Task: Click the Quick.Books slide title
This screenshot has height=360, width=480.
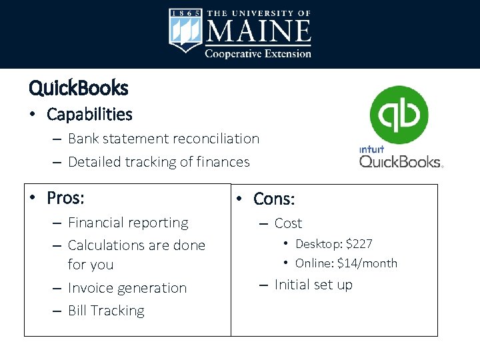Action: [x=79, y=87]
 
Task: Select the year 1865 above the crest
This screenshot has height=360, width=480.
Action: [x=185, y=13]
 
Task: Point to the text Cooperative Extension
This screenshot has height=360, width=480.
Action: [x=257, y=53]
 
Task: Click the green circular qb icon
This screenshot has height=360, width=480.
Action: [x=399, y=115]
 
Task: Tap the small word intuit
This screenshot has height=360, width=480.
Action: [x=371, y=149]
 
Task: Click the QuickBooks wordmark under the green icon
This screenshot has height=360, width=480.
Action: [x=400, y=161]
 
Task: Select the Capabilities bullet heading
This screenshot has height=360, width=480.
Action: [x=89, y=115]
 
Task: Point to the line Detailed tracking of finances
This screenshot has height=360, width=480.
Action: [x=159, y=161]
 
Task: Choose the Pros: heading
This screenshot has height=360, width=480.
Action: [x=70, y=198]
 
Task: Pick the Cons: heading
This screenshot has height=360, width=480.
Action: [x=274, y=199]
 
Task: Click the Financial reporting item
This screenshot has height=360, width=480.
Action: [x=128, y=223]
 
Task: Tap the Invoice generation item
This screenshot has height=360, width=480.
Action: [x=127, y=288]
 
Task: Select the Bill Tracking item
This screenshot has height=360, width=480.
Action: [x=106, y=311]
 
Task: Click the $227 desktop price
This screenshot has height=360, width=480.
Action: [x=359, y=244]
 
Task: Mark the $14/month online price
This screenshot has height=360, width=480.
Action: [x=367, y=263]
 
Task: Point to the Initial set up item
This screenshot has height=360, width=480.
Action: [x=313, y=285]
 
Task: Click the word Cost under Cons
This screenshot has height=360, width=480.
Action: [x=288, y=223]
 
